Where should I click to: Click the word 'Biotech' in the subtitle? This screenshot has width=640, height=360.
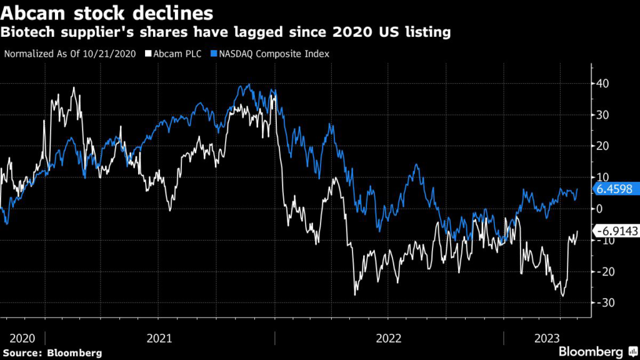[27, 31]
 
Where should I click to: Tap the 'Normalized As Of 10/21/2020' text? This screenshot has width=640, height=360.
[71, 54]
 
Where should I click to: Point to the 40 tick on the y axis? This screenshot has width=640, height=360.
[604, 83]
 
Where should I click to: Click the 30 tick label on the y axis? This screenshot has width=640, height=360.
[604, 114]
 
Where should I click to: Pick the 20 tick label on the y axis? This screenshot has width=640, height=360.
[604, 146]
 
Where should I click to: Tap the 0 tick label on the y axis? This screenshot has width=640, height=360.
[601, 209]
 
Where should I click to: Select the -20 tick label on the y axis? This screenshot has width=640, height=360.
[606, 271]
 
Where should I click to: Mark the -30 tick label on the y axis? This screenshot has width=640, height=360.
[606, 302]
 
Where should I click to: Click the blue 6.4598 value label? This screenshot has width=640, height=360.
[615, 189]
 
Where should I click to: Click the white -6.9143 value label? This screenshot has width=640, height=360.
[616, 231]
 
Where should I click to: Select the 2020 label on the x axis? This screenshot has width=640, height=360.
[22, 338]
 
